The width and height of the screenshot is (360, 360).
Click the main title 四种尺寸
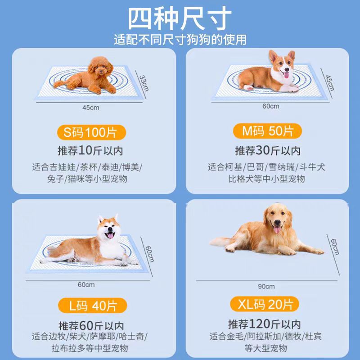(x=180, y=18)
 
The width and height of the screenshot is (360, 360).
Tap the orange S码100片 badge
(x=91, y=132)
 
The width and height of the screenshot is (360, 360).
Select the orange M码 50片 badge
(x=267, y=131)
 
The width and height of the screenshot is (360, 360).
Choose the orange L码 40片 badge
(x=92, y=306)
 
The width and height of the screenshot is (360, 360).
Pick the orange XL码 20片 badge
(x=265, y=304)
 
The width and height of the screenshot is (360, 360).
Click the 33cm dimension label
(x=144, y=83)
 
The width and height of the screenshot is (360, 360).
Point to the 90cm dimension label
(x=266, y=286)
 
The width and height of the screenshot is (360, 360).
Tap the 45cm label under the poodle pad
(x=91, y=108)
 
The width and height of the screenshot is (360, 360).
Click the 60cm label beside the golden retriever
(x=335, y=247)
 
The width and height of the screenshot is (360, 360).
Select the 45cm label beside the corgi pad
(x=330, y=83)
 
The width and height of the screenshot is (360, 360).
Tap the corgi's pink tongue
(x=286, y=75)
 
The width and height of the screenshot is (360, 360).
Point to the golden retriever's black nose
(x=277, y=222)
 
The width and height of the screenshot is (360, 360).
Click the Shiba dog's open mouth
(x=110, y=235)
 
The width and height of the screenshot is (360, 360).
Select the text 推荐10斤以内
(x=90, y=151)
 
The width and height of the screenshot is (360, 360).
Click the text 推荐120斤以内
(x=265, y=324)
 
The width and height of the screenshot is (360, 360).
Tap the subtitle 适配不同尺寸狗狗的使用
(x=180, y=40)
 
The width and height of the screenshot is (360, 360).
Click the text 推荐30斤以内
(x=268, y=151)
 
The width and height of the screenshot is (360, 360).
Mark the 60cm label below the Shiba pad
(x=86, y=285)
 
